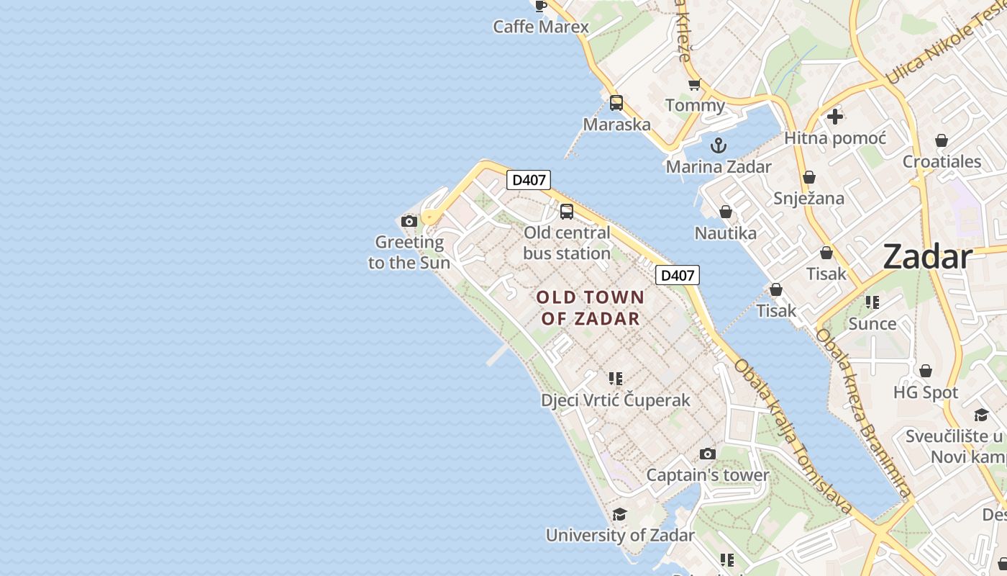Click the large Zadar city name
[x=927, y=256]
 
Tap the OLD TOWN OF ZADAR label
[x=591, y=307]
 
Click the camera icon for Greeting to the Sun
[x=409, y=221]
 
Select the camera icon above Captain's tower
[x=708, y=454]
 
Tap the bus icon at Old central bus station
[x=567, y=211]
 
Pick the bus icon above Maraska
[x=616, y=102]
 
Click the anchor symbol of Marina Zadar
[x=718, y=145]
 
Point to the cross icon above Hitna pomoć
[x=835, y=116]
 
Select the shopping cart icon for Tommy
[x=694, y=85]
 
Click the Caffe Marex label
[x=541, y=27]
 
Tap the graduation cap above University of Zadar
[x=619, y=514]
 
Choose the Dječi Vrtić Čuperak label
[x=616, y=400]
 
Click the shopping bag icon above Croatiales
[x=942, y=140]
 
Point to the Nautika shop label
[x=725, y=233]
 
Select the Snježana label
[x=808, y=198]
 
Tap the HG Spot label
[x=926, y=392]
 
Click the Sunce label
[x=872, y=323]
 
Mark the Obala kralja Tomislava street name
[x=793, y=436]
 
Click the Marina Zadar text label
[x=718, y=167]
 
